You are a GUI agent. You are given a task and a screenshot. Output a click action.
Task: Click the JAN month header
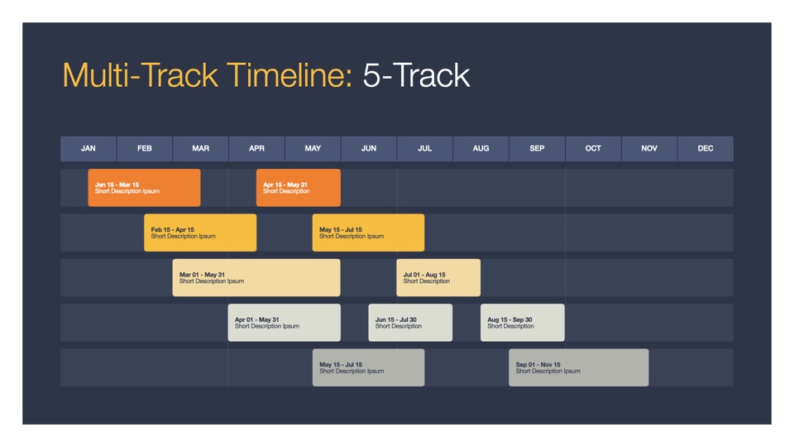click(x=88, y=148)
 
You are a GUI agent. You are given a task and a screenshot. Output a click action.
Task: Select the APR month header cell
click(x=256, y=148)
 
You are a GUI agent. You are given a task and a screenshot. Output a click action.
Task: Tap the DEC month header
click(x=706, y=148)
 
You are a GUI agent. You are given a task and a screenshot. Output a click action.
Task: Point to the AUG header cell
click(x=481, y=148)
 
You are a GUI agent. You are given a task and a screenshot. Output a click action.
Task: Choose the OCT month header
click(x=593, y=148)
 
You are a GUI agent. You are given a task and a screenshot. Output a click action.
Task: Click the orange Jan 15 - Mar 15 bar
click(x=144, y=188)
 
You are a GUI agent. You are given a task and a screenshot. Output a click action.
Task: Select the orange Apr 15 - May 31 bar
click(x=299, y=188)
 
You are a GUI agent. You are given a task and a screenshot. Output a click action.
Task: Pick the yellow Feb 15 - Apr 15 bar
click(x=200, y=233)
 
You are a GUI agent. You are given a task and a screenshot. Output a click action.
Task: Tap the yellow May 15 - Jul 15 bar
click(x=369, y=233)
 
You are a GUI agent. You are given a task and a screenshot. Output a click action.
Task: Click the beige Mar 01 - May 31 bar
click(x=256, y=278)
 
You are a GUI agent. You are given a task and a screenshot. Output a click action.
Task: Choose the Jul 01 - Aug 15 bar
click(x=438, y=278)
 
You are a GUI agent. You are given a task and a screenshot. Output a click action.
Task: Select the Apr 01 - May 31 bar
click(x=285, y=323)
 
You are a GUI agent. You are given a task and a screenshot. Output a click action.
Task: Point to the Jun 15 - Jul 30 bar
click(x=411, y=323)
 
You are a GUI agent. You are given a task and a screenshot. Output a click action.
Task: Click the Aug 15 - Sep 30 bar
click(x=523, y=323)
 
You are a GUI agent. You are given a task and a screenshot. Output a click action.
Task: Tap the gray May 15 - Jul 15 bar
click(x=369, y=368)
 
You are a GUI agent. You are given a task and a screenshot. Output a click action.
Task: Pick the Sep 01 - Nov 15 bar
click(x=579, y=368)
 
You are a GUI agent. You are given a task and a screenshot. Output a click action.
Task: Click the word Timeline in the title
click(x=289, y=75)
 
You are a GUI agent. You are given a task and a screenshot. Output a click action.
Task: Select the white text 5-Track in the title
click(x=416, y=75)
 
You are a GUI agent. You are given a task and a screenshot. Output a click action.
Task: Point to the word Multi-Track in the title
click(x=141, y=75)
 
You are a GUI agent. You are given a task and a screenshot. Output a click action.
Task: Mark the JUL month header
click(x=425, y=148)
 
